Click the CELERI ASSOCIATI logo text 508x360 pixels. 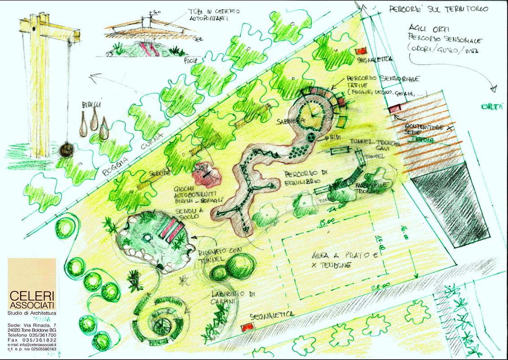tap(32, 301)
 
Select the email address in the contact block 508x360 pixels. tap(32, 344)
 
